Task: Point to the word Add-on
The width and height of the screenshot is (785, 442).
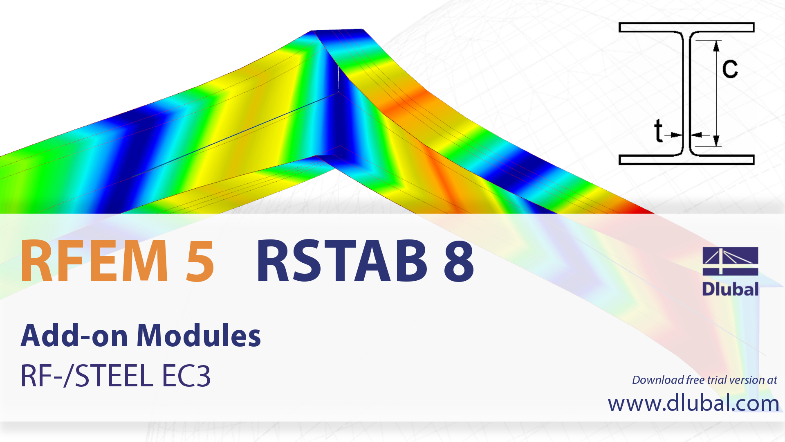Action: [x=74, y=336]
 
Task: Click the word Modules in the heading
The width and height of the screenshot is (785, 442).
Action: [x=199, y=336]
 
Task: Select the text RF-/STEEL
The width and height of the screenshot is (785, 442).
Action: [x=87, y=376]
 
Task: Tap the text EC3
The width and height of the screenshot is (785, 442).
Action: [x=186, y=376]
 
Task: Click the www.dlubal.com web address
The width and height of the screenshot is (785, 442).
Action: [x=693, y=404]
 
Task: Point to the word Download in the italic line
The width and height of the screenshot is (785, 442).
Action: [x=658, y=380]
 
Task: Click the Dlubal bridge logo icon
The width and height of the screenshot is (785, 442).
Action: [x=730, y=261]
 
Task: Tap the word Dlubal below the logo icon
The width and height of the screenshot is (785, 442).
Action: [x=730, y=289]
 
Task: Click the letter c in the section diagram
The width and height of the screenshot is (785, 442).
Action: [x=730, y=68]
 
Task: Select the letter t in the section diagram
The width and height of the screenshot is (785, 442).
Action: [x=658, y=131]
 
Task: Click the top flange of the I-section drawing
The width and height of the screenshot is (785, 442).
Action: [x=686, y=27]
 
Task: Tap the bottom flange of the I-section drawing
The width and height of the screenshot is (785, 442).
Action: [x=686, y=160]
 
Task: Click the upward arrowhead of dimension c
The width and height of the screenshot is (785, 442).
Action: [x=716, y=46]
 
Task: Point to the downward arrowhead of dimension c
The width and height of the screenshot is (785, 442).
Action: [x=716, y=141]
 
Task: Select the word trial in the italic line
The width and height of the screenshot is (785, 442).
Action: [x=717, y=380]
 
